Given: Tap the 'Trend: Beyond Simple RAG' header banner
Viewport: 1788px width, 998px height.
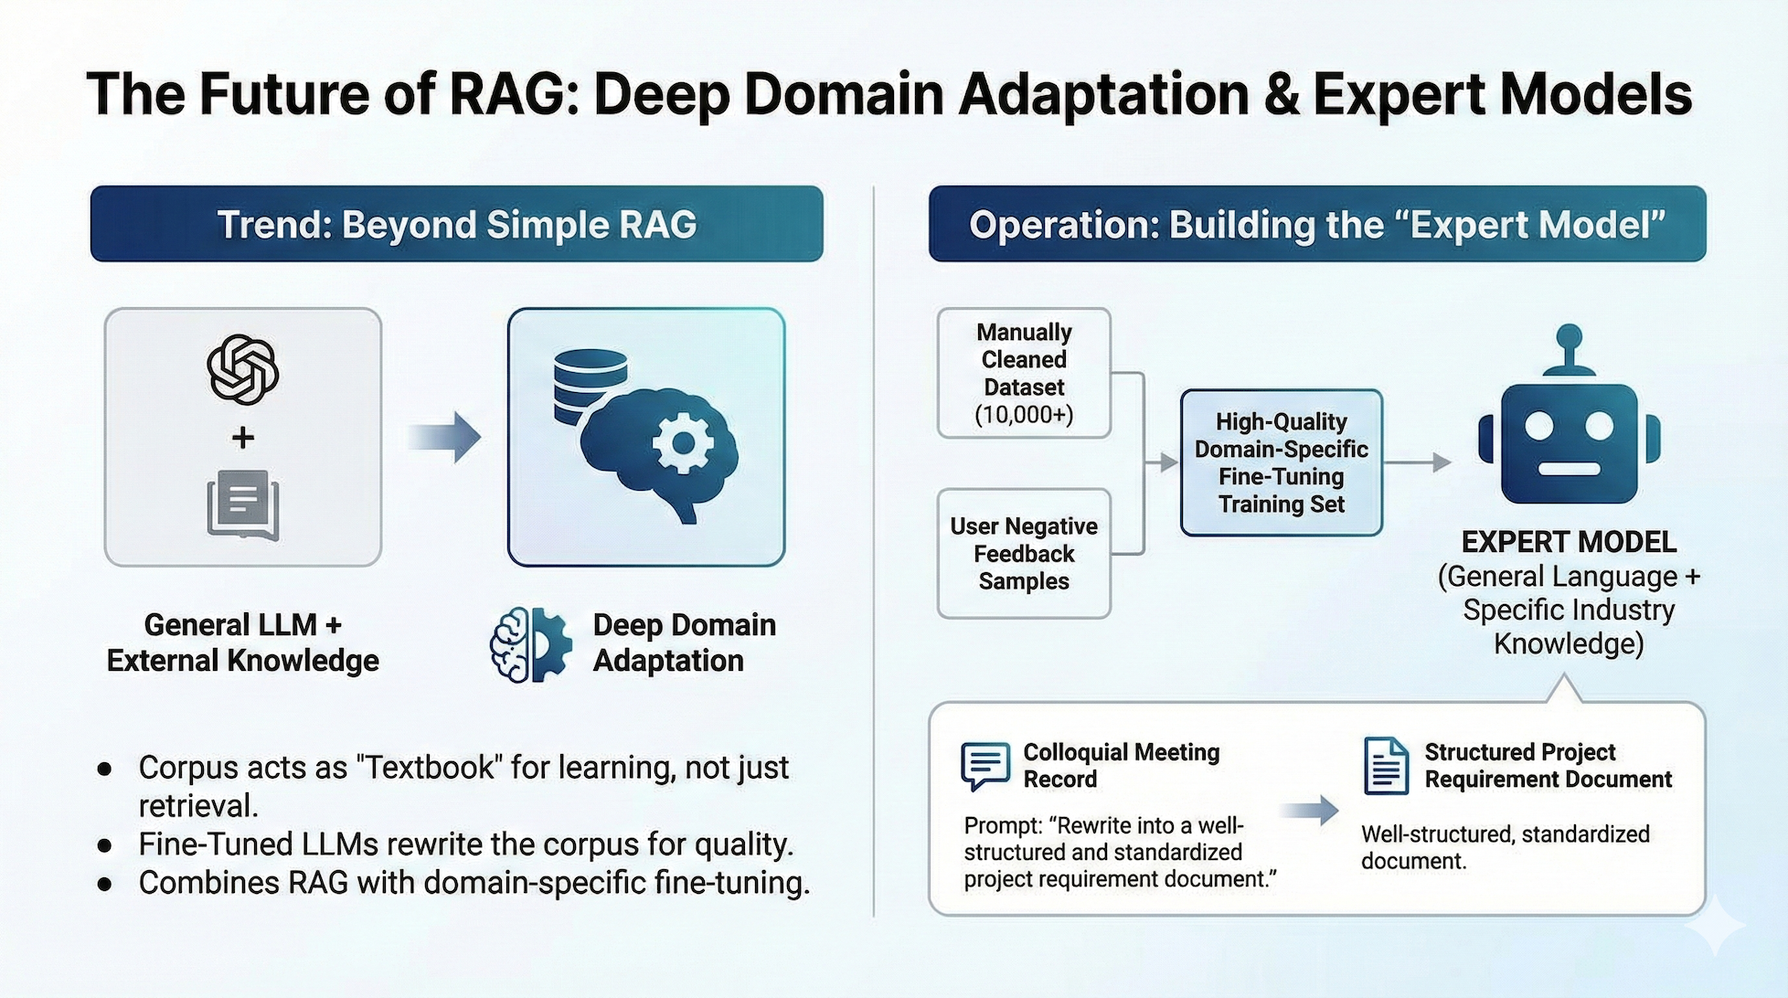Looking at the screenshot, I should [x=456, y=224].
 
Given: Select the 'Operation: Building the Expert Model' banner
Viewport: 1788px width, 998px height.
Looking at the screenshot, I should [x=1317, y=224].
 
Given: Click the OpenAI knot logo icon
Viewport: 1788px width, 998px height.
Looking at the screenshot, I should [x=242, y=369].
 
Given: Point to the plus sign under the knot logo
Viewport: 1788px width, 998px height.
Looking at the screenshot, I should [x=242, y=438].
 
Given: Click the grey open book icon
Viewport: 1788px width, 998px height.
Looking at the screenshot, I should [x=242, y=505].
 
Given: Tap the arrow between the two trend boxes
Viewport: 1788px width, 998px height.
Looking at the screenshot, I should [x=444, y=437].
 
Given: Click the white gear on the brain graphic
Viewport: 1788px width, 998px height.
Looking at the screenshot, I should [x=682, y=443].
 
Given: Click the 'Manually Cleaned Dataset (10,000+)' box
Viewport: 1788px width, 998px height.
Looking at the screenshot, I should [x=1024, y=373].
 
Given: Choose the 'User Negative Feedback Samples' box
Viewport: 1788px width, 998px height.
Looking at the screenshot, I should [x=1024, y=554].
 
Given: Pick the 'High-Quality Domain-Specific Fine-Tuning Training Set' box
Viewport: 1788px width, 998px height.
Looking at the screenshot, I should [x=1281, y=462].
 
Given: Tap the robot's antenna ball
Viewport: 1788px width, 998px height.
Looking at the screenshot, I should [x=1569, y=336].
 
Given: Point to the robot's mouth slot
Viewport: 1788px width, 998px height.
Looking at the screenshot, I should [x=1569, y=469].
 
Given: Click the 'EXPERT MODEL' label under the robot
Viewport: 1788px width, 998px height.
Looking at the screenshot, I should [x=1569, y=542].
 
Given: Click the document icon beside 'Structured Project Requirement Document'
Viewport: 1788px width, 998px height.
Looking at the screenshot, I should [x=1386, y=766].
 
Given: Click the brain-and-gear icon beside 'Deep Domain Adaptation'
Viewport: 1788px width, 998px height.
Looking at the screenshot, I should [x=530, y=644].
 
